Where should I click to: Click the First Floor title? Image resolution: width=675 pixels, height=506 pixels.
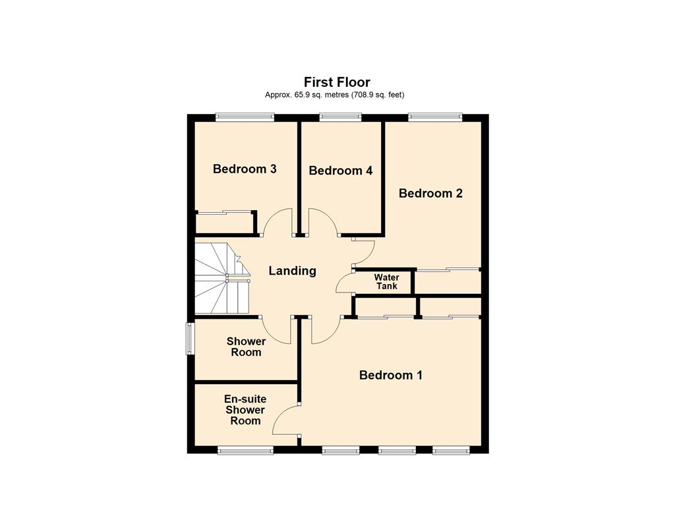tap(337, 82)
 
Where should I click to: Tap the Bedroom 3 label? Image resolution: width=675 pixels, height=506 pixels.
tap(245, 169)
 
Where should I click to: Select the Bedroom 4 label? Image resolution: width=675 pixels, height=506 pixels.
tap(341, 171)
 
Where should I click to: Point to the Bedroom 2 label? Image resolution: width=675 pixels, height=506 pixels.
tap(430, 193)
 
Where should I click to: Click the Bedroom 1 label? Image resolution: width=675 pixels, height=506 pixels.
tap(391, 375)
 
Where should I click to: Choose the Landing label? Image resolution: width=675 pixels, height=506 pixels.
tap(292, 271)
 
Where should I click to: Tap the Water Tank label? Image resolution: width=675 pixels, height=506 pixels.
tap(386, 281)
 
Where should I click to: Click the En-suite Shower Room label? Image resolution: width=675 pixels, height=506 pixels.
tap(245, 410)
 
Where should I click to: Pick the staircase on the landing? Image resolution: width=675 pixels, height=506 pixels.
tap(222, 278)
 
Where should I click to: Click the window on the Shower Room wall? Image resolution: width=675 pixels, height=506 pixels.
tap(189, 339)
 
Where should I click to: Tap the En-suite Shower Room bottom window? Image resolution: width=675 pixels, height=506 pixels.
tap(245, 451)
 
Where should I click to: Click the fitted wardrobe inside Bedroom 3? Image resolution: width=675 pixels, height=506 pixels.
tap(224, 223)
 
